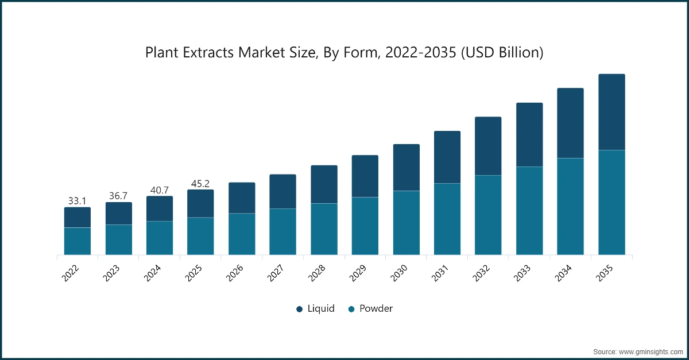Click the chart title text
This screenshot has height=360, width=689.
pos(344,53)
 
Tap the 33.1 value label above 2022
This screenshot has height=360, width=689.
pos(77,201)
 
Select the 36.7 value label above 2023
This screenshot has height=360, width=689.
pos(118,196)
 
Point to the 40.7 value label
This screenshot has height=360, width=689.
pos(160,189)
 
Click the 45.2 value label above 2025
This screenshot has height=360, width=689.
pos(200,184)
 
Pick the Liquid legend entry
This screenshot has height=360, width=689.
pos(315,309)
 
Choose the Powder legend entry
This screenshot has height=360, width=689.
pos(370,309)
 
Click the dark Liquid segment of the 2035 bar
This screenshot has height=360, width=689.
pos(611,112)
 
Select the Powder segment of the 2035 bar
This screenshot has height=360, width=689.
pos(611,202)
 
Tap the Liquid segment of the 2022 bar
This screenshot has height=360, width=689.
pos(77,218)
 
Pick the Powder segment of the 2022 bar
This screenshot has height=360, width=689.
pos(77,241)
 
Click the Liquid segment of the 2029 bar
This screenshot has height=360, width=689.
pos(365,176)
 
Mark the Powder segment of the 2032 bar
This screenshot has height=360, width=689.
pos(488,215)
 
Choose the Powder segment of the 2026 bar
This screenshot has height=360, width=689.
pos(242,234)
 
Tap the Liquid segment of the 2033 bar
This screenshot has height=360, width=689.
pos(529,135)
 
